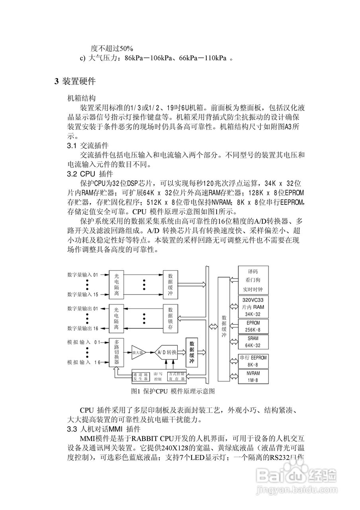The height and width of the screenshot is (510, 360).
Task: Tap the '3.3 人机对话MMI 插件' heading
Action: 104,429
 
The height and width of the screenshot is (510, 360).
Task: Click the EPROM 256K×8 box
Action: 253,326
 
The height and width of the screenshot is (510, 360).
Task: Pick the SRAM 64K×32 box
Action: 253,342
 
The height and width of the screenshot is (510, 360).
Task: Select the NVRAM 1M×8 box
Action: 253,377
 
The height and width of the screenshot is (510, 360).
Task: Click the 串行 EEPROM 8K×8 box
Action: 253,361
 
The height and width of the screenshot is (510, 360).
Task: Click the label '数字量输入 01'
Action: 83,275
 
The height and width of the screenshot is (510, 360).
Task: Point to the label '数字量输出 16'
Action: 83,328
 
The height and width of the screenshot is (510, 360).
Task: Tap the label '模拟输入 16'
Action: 84,362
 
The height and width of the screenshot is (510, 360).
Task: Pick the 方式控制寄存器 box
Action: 176,377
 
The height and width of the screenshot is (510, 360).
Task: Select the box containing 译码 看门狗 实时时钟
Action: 253,280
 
